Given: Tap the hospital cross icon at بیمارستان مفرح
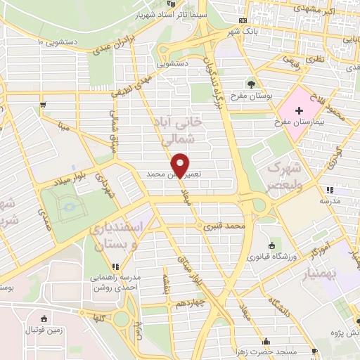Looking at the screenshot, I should [x=300, y=111].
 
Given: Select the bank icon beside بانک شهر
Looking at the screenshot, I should [x=243, y=20].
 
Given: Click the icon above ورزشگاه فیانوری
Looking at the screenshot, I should [x=271, y=245].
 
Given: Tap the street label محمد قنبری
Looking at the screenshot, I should [x=224, y=227].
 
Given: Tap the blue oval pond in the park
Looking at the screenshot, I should [x=68, y=207].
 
